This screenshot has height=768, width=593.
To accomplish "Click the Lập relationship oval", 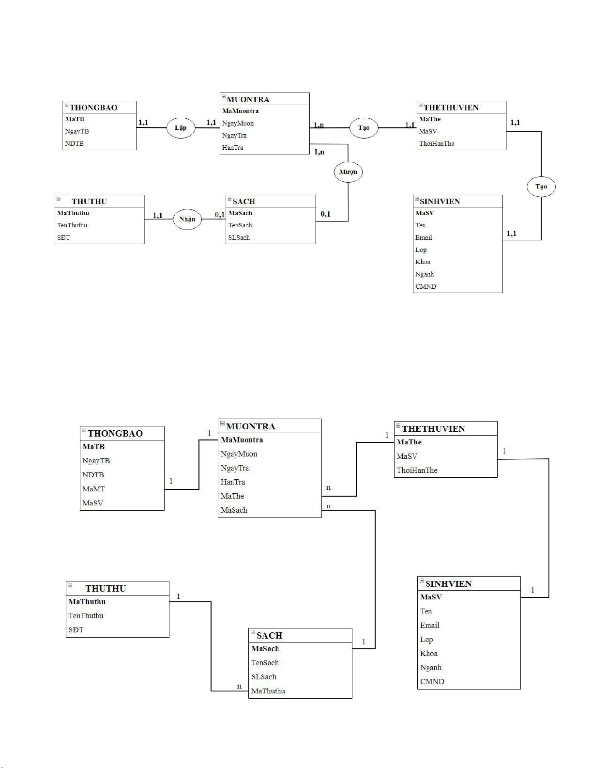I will point(181,128).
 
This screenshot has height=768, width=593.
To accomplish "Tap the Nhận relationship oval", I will point(187,219).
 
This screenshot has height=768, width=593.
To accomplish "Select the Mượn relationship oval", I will point(348,172).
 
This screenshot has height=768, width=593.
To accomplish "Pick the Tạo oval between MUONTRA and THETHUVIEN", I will point(364,128).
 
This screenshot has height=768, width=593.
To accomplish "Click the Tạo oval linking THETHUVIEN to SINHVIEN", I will point(541,187).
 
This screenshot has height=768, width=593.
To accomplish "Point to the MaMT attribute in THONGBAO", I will point(93,489).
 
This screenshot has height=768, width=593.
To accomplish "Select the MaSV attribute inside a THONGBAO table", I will point(92,503).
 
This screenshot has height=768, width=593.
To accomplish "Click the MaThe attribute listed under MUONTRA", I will point(232,496).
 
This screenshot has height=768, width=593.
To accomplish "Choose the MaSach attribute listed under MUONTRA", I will point(234,510).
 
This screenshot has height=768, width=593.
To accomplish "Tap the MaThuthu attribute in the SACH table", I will point(268,691).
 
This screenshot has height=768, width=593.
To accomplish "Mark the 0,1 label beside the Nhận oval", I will point(220,215).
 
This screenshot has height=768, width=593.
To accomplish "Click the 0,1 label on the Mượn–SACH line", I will point(326,214).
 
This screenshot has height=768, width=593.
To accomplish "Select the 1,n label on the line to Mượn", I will point(319,152).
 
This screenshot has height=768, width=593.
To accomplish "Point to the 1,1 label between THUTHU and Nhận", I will point(158,216).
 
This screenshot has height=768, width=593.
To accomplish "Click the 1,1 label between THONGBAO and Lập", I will point(143,123).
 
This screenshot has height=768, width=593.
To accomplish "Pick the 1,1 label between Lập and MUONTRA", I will point(212,123).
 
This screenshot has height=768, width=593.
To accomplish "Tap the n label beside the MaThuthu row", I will point(239,686).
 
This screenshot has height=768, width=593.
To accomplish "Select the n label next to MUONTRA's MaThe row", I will point(329,488).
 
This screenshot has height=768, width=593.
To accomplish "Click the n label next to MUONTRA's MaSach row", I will point(329,506).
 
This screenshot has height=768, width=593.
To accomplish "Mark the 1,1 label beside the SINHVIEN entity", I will point(512,234).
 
